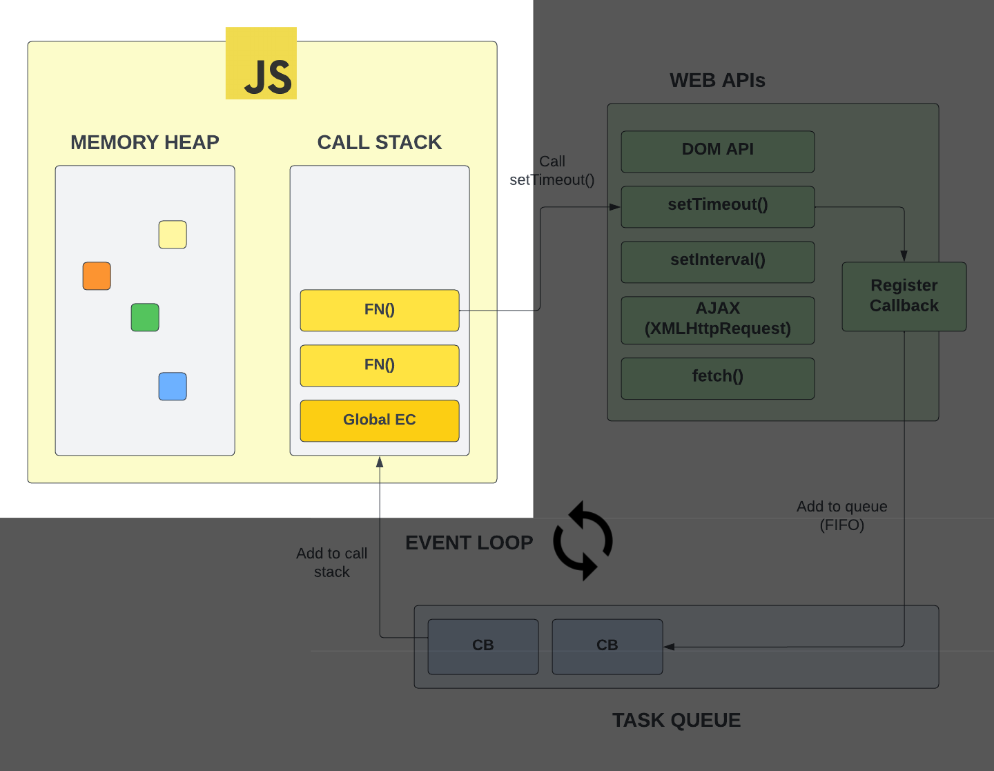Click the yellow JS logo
coord(261,64)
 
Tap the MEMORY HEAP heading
coord(145,142)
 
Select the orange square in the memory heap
coord(97,276)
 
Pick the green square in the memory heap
coord(145,318)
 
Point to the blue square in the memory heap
coord(173,387)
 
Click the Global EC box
coord(379,420)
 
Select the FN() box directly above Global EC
coord(379,365)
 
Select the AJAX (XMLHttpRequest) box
coord(717,320)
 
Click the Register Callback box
coord(904,296)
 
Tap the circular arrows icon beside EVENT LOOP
coord(583,540)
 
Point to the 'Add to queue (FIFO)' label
coord(841,516)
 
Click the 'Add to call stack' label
coord(331,563)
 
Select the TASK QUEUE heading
coord(676,720)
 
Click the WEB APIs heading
coord(717,80)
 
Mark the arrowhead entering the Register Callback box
coord(904,256)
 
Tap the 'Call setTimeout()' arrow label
coord(552,170)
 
